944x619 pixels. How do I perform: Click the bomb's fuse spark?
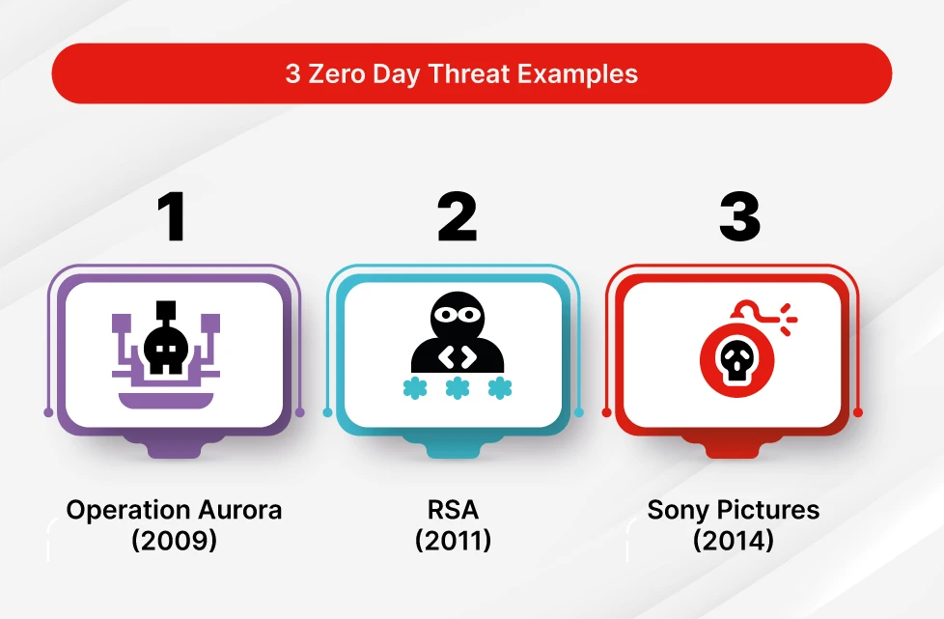(787, 315)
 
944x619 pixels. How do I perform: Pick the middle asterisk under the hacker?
(457, 388)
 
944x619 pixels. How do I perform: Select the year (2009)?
(174, 540)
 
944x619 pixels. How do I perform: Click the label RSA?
(454, 511)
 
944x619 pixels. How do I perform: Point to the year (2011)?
(454, 540)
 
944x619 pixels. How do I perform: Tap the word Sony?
(678, 511)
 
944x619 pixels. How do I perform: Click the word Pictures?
(768, 511)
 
